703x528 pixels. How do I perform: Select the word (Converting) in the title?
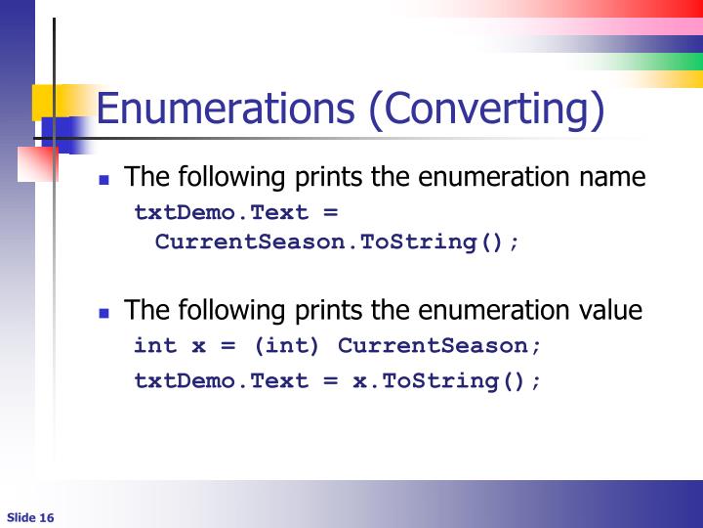486,110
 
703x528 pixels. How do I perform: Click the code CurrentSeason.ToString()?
338,242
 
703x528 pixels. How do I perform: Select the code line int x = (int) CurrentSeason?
337,346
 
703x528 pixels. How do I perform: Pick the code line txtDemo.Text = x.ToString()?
337,380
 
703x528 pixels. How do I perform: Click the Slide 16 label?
30,517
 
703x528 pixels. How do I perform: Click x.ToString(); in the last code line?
446,380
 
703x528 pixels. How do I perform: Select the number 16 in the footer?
47,517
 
